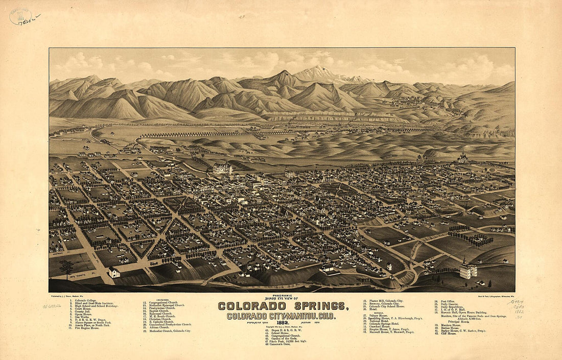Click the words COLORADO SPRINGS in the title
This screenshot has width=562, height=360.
tap(284, 306)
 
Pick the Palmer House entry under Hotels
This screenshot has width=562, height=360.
tap(381, 315)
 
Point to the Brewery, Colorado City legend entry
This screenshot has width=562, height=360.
tap(386, 303)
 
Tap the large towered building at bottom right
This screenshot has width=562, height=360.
tap(468, 269)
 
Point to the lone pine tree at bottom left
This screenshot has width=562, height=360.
tap(65, 267)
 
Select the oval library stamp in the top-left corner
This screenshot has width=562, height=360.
tap(20, 16)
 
